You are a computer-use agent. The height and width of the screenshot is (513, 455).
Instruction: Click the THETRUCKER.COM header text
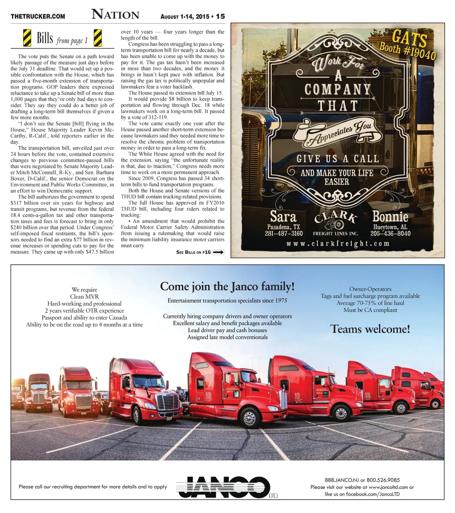click(38, 17)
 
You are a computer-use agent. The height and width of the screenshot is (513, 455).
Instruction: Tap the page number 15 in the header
click(220, 16)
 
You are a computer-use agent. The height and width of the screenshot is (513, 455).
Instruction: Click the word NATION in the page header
click(115, 15)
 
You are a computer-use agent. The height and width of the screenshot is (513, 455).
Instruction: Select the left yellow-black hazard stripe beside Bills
click(27, 38)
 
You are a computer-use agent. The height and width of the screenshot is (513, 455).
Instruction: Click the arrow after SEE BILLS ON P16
click(218, 252)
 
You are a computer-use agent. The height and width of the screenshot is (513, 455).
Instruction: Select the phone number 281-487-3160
click(283, 233)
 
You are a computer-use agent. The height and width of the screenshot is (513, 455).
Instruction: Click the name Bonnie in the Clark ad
click(390, 217)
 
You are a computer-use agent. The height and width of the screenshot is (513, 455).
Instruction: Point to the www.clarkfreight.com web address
click(338, 243)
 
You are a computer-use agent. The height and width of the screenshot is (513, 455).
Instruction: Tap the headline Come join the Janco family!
click(227, 286)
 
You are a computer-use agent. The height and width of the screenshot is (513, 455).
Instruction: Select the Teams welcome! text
click(370, 329)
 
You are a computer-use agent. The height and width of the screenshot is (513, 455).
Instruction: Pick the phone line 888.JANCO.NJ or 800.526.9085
click(362, 480)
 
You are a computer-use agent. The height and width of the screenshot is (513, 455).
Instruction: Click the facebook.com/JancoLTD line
click(362, 494)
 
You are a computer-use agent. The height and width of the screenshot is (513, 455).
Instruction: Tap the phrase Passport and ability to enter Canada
click(85, 318)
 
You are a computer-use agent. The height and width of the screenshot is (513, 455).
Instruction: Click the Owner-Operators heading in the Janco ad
click(370, 289)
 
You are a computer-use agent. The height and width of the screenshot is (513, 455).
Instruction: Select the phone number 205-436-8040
click(390, 233)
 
